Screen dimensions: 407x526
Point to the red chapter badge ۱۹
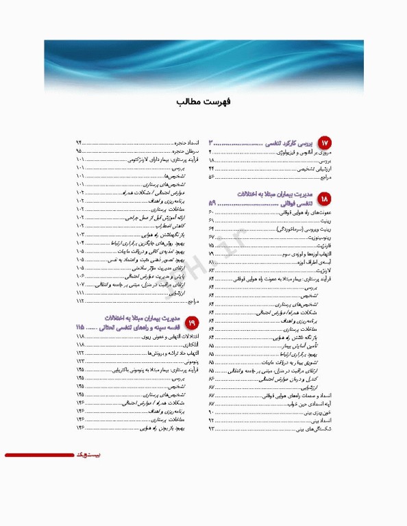tap(191, 322)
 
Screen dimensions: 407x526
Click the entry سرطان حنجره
tap(185, 150)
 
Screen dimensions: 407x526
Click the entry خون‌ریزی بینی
tap(321, 412)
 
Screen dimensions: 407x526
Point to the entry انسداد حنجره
tap(185, 142)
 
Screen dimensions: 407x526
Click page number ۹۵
tap(79, 150)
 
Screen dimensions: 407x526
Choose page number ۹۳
tap(212, 429)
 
